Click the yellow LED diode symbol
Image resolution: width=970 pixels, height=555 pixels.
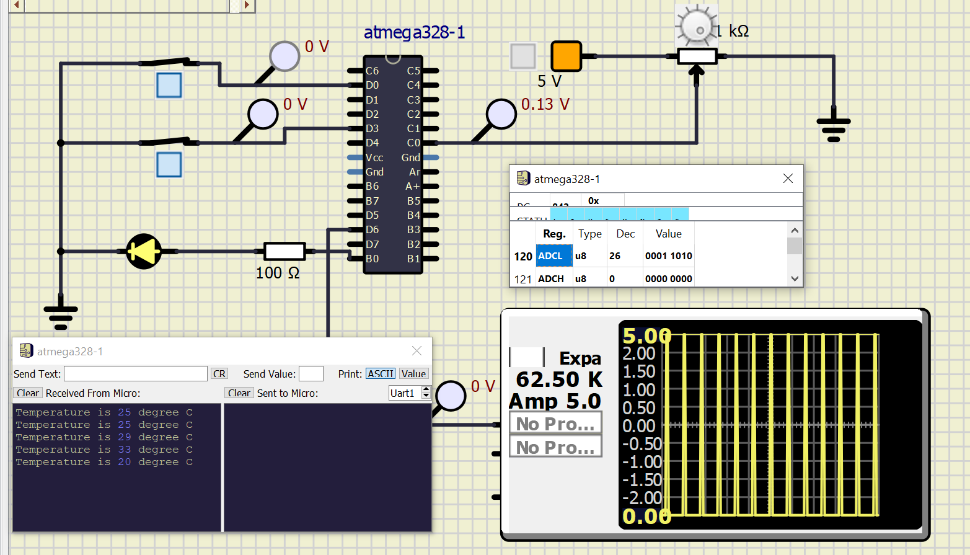click(x=144, y=251)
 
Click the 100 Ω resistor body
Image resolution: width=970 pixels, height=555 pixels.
click(x=284, y=251)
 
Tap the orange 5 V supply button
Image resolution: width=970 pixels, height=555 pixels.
click(x=566, y=56)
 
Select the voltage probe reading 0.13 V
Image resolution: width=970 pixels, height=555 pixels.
click(x=501, y=114)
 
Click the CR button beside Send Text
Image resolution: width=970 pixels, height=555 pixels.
click(x=219, y=374)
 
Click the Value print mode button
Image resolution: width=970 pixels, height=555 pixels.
click(x=413, y=374)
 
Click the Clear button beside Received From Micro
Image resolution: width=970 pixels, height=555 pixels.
click(x=28, y=393)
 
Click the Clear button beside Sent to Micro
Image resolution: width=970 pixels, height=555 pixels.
click(x=239, y=393)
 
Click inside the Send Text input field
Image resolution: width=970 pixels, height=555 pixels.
click(x=135, y=374)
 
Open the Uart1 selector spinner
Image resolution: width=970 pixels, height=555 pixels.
click(x=426, y=393)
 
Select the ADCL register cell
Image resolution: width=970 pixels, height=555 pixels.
click(x=553, y=256)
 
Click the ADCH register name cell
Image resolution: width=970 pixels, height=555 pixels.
click(x=551, y=279)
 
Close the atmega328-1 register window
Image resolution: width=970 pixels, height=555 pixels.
click(x=788, y=179)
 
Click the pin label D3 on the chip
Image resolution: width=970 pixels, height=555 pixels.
click(x=372, y=128)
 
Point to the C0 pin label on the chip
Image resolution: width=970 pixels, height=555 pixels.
click(x=413, y=143)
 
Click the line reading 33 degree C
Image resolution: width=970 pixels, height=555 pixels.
click(x=104, y=450)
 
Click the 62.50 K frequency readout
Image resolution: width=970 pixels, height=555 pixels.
click(x=559, y=379)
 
